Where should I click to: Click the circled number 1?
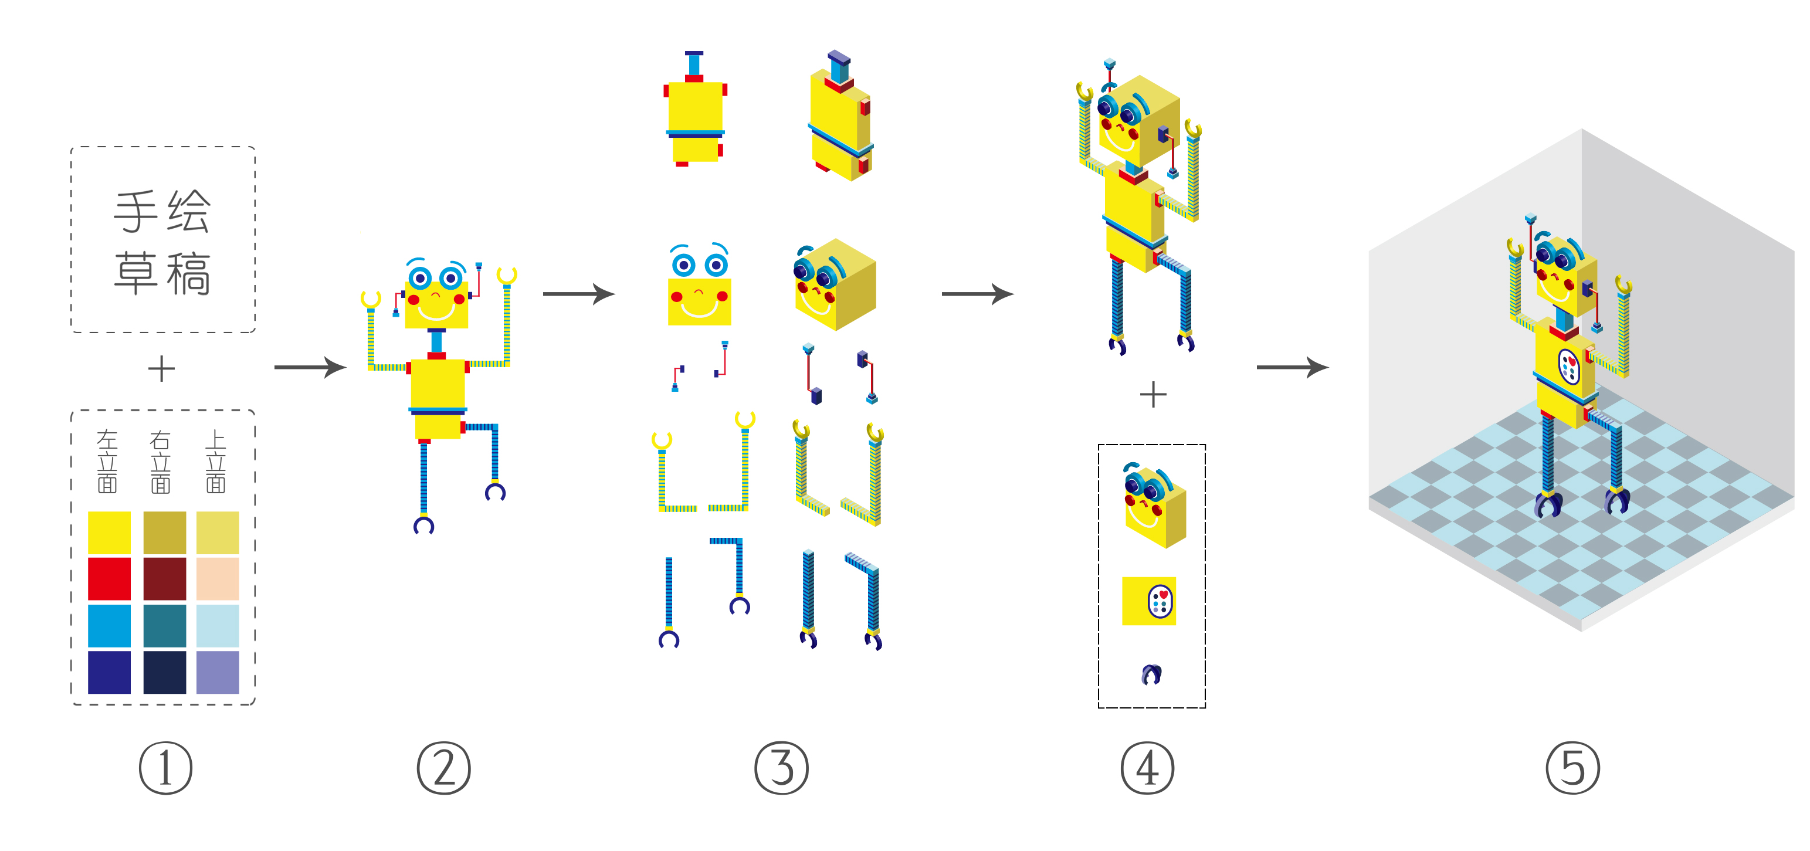click(165, 768)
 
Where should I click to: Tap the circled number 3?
click(781, 768)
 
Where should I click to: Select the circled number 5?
click(1572, 768)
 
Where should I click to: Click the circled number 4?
click(1147, 768)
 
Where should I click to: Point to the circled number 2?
click(443, 768)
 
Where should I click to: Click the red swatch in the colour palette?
click(109, 578)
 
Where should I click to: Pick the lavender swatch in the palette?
click(217, 672)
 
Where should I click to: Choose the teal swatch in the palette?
click(164, 625)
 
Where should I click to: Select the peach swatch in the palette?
click(217, 578)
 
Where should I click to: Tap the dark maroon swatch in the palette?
click(164, 578)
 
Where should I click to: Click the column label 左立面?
click(107, 461)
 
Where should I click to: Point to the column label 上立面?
click(215, 461)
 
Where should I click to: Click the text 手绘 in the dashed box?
click(162, 211)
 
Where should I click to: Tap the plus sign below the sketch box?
click(162, 369)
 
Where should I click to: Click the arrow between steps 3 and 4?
click(977, 294)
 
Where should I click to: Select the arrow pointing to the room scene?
click(1292, 367)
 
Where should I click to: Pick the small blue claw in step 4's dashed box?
click(1151, 674)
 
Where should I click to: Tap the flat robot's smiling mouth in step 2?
click(436, 309)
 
